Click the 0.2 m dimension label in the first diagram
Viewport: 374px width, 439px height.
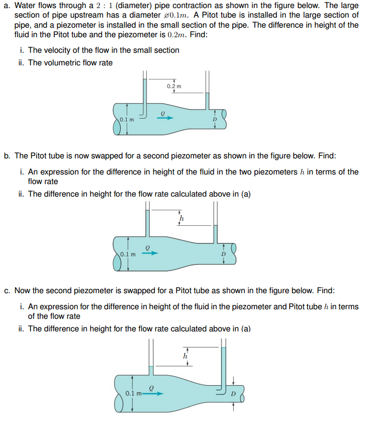pos(174,86)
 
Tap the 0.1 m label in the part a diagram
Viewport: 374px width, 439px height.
pos(127,120)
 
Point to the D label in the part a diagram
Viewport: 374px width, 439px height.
pos(215,120)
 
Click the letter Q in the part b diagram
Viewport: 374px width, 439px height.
pos(147,247)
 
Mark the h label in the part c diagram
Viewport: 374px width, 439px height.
pos(185,356)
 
